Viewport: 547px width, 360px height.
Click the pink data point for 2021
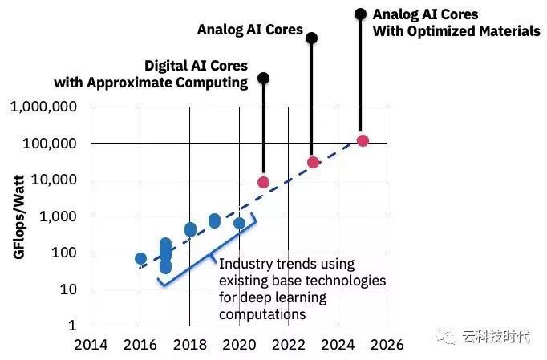[263, 182]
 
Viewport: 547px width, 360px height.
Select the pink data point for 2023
[313, 162]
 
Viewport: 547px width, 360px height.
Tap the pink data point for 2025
[363, 140]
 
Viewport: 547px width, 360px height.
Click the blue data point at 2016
[140, 258]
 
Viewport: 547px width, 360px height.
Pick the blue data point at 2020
[239, 223]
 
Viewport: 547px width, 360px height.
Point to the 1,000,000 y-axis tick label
[44, 107]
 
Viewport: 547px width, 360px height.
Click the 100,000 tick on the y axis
[49, 144]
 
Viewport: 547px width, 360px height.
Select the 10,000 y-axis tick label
[53, 180]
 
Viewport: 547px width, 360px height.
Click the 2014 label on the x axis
[91, 345]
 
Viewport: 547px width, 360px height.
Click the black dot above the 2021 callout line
[263, 78]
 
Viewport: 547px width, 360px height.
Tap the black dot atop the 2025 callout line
[360, 13]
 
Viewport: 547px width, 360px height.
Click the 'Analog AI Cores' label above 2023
[250, 30]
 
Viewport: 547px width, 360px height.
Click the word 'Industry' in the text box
[243, 263]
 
